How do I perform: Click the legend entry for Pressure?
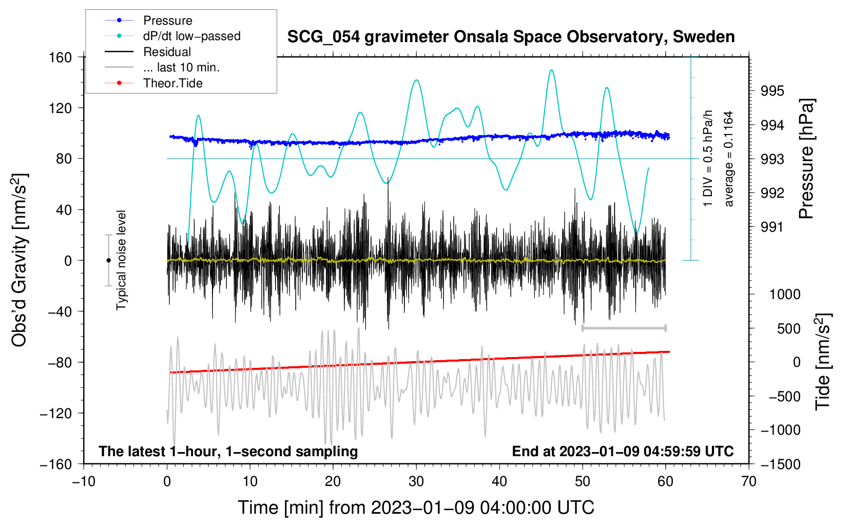tap(167, 21)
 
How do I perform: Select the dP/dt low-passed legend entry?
tap(191, 36)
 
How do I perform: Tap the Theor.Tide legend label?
tap(172, 83)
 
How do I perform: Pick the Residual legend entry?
tap(167, 52)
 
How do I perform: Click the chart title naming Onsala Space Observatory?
tap(511, 37)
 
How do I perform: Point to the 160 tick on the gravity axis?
tap(61, 58)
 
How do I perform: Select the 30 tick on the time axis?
tap(416, 481)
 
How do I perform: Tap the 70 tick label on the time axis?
tap(749, 481)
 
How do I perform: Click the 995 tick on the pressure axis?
tap(772, 91)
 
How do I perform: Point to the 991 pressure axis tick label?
tap(772, 227)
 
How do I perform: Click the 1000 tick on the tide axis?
tap(785, 294)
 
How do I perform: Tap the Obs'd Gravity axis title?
tap(20, 260)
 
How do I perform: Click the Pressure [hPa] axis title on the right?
tap(807, 159)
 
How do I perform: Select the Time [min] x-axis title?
tap(416, 508)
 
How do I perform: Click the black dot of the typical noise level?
tap(108, 260)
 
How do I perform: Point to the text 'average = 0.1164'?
tap(729, 159)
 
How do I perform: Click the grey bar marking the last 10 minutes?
tap(624, 328)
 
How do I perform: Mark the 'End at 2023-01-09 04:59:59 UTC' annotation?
tap(623, 451)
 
